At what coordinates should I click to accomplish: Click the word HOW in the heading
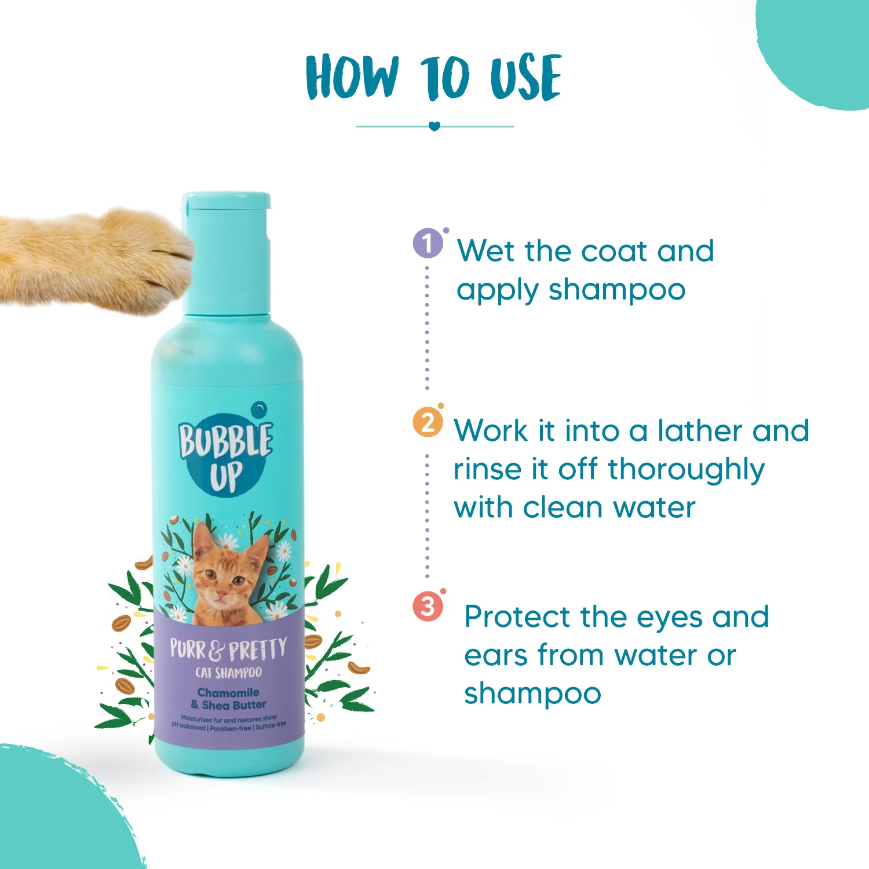(x=352, y=77)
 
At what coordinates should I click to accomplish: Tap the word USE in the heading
(x=526, y=77)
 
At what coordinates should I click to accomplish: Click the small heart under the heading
(x=434, y=126)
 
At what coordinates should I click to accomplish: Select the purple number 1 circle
(x=428, y=243)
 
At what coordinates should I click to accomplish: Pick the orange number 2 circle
(x=428, y=422)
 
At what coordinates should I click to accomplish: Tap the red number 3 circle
(x=428, y=607)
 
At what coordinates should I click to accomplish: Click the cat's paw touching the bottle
(x=96, y=261)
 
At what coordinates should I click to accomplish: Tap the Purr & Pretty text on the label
(x=228, y=649)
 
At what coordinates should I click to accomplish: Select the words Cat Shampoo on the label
(x=228, y=673)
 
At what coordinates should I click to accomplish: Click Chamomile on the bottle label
(x=228, y=692)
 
